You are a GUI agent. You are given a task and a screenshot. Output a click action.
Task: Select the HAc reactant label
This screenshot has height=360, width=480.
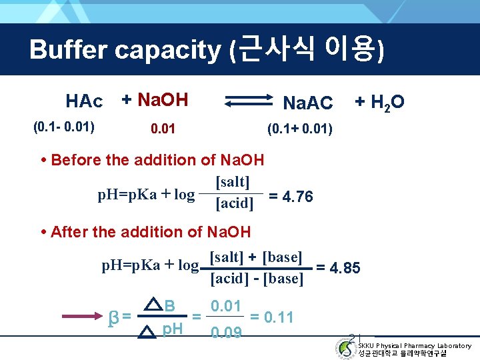click(x=85, y=102)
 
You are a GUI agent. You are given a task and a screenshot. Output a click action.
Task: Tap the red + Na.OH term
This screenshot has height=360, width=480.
click(x=154, y=100)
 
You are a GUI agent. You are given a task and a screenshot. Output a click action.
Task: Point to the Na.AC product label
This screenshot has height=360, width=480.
click(x=307, y=103)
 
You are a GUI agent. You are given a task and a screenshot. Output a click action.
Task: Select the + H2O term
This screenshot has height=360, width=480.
click(x=379, y=102)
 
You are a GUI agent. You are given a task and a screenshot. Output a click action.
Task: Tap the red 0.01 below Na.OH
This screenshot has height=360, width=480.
click(x=163, y=127)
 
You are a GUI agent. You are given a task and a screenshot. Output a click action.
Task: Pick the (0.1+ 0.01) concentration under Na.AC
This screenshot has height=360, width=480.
click(x=299, y=127)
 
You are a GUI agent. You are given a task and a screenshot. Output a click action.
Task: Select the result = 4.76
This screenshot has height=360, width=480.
click(x=291, y=197)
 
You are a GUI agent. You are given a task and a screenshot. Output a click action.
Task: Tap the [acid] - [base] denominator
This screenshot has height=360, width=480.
click(x=257, y=279)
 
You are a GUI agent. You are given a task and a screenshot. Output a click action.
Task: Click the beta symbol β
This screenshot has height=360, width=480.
click(x=113, y=315)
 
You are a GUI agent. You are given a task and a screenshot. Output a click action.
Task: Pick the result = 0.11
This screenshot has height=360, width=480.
click(x=271, y=317)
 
